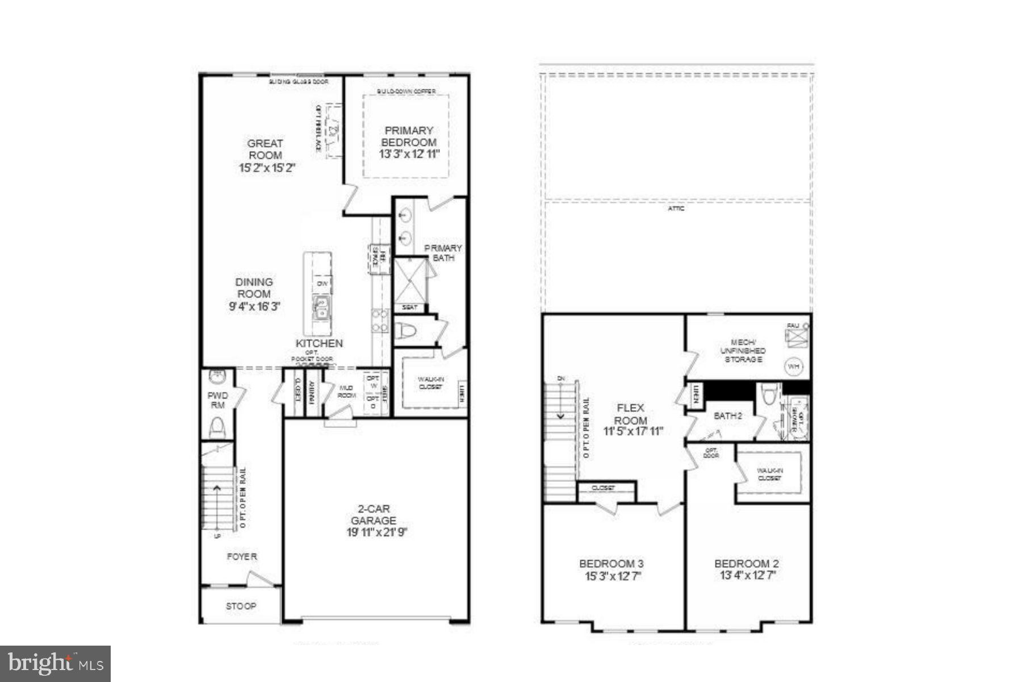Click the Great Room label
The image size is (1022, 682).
[x=265, y=149]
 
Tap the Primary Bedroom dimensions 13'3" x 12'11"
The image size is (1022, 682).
[x=409, y=154]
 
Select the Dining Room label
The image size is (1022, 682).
[x=254, y=288]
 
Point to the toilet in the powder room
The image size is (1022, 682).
[x=217, y=427]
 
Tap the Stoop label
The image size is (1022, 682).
[x=241, y=606]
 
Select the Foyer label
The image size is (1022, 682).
[x=242, y=556]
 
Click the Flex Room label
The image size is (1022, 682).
[x=630, y=414]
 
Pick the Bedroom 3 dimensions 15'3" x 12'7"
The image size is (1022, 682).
[x=611, y=576]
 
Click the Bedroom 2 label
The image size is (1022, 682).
[x=746, y=564]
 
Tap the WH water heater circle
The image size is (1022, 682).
[x=793, y=367]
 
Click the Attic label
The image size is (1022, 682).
[x=676, y=209]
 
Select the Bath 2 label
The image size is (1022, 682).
[x=728, y=416]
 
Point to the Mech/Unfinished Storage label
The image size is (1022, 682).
[x=743, y=351]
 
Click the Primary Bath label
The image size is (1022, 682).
[x=443, y=253]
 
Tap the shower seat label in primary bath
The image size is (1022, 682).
[x=409, y=307]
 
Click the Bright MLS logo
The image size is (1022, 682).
[x=55, y=663]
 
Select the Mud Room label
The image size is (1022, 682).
[x=346, y=392]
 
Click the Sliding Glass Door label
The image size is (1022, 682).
[x=299, y=82]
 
